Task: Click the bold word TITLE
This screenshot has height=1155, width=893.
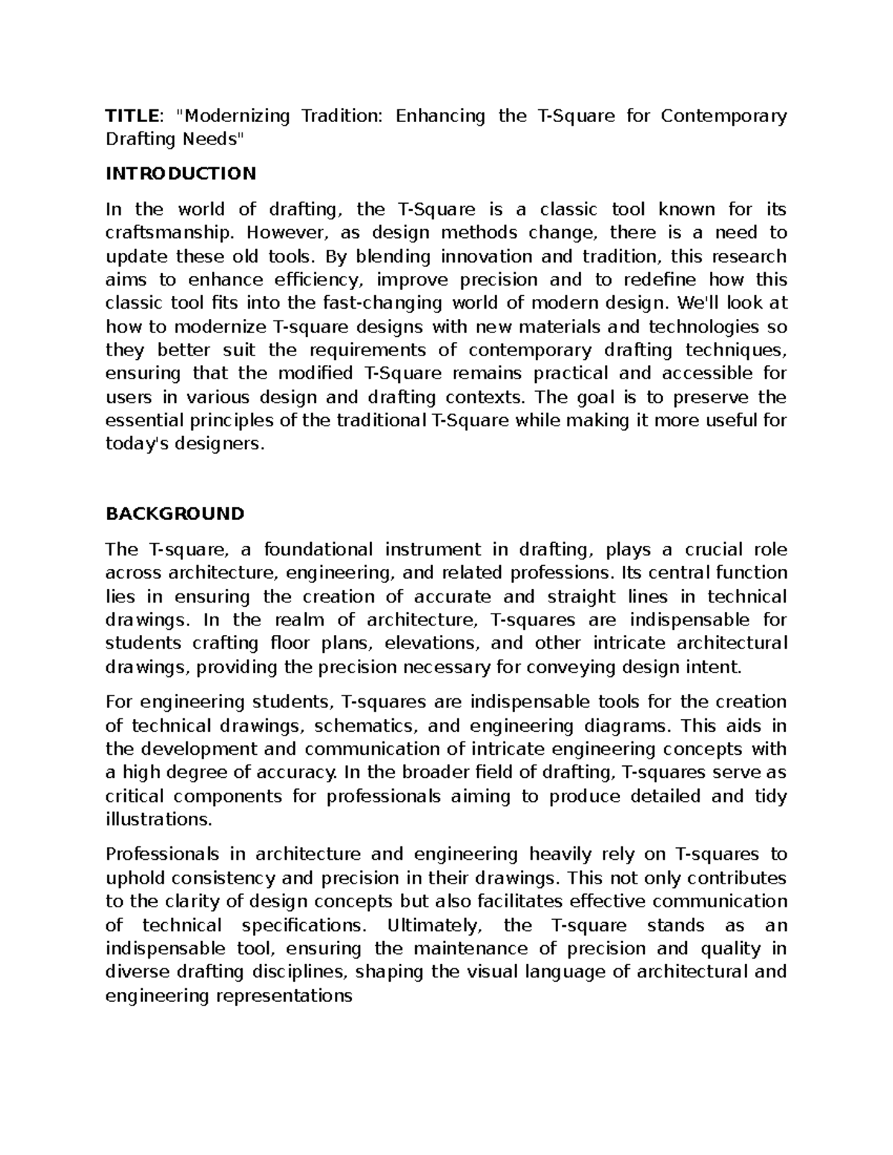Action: click(x=131, y=116)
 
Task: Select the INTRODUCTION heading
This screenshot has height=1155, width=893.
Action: click(x=181, y=174)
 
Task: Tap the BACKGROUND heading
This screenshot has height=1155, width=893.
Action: click(x=175, y=514)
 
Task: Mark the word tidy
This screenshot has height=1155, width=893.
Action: click(x=770, y=797)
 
